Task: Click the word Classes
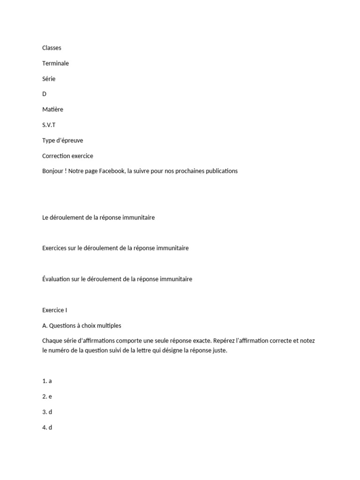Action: (52, 48)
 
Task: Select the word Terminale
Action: (55, 63)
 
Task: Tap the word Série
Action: (49, 79)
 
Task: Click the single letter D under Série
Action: (45, 94)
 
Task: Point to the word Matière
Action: (52, 109)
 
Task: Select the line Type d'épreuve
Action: (62, 140)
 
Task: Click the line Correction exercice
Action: (67, 156)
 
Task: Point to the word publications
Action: (220, 171)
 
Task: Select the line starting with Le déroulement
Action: (98, 217)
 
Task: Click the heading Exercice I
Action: (55, 310)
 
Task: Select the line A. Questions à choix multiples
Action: (82, 325)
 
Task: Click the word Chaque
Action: (52, 341)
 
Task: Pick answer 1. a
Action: (47, 381)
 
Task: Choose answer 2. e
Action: (47, 397)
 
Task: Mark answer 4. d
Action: (47, 427)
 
